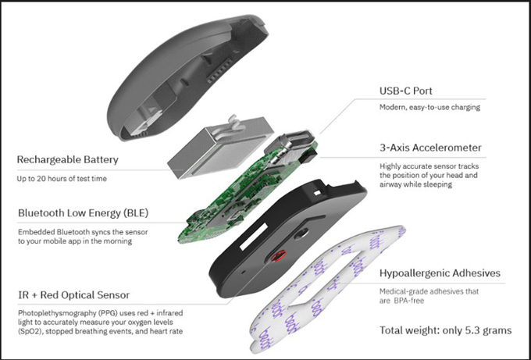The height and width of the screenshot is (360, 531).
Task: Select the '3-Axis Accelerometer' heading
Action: point(430,148)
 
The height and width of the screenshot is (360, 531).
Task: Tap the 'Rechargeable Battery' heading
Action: point(68,159)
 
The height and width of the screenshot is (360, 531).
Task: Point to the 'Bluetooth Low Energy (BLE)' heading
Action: point(83,213)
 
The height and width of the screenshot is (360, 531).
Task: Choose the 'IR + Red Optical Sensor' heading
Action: point(74,295)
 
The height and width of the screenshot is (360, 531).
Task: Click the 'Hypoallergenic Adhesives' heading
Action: point(440,273)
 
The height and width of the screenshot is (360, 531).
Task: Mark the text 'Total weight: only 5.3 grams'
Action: point(446,330)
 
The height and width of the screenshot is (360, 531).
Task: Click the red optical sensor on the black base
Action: point(278,255)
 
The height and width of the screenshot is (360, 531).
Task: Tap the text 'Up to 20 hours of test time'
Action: point(62,179)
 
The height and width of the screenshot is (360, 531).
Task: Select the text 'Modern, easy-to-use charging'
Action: point(429,107)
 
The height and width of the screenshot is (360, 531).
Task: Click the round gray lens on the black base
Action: point(301,233)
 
